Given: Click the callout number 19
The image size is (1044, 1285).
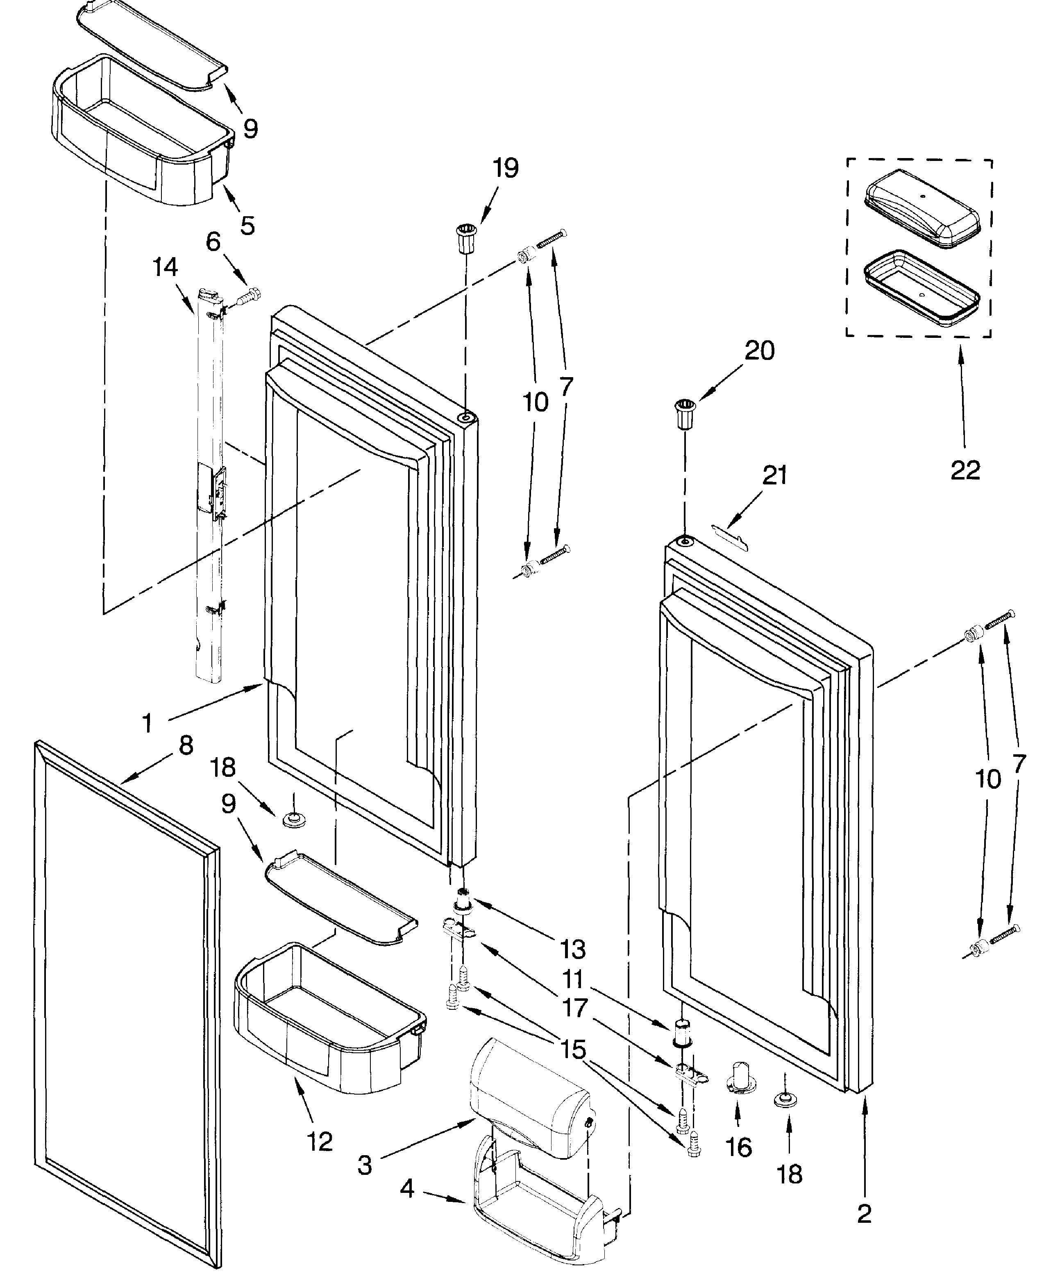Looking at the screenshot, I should coord(505,168).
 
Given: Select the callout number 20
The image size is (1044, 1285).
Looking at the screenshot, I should coord(760,351).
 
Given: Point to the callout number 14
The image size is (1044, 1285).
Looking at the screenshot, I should coord(165,267).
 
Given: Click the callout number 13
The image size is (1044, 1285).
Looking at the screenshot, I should coord(572,949).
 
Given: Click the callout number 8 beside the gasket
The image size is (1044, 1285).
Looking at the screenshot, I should coord(186,745).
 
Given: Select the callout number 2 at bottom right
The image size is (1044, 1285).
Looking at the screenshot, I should coord(864,1214).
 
